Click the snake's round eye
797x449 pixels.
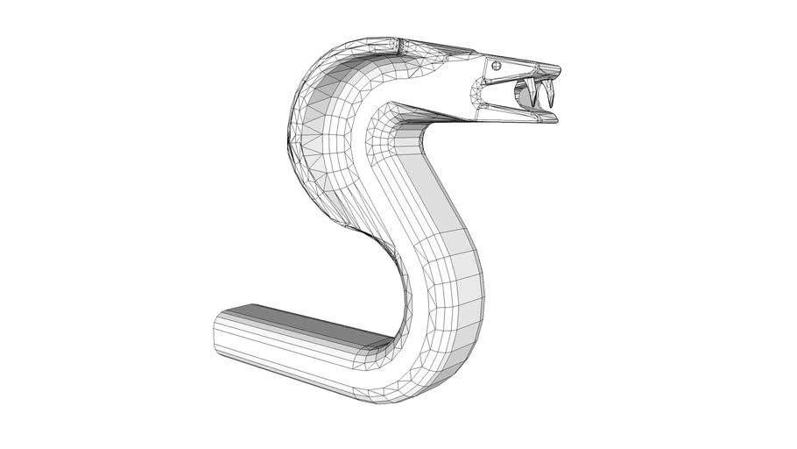tap(497, 65)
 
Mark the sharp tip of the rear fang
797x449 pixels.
tap(533, 106)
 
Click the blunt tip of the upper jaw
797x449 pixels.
tap(558, 69)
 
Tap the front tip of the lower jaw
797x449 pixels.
tap(555, 117)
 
